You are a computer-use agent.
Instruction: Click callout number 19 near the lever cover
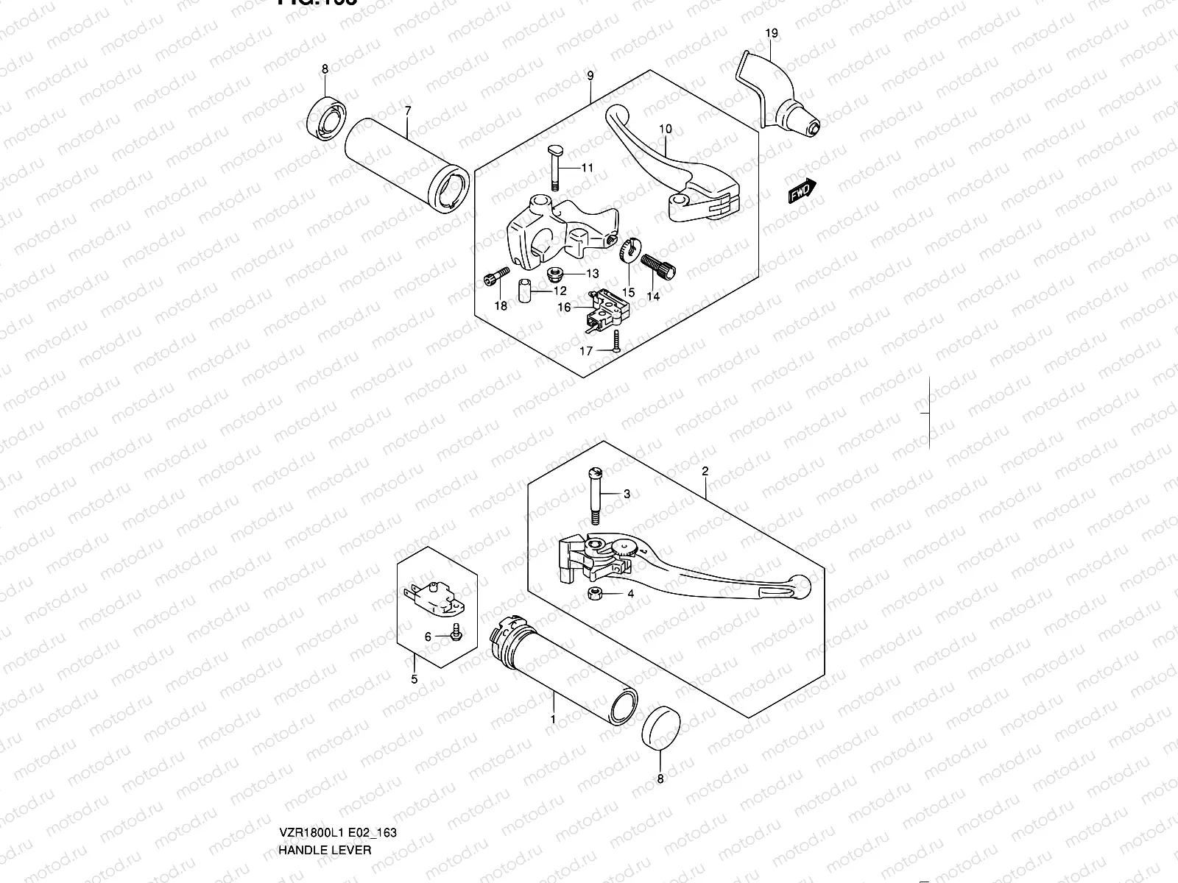coord(771,33)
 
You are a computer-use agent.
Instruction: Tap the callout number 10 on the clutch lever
coord(665,129)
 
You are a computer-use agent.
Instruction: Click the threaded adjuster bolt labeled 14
coord(659,266)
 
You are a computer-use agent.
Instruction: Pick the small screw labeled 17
coord(616,339)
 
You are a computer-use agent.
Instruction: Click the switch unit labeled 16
coord(603,309)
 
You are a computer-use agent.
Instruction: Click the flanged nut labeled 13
coord(556,274)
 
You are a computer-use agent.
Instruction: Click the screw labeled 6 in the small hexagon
coord(454,630)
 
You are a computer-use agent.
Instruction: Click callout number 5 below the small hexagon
coord(414,678)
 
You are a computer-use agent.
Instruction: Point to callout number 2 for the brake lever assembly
coord(705,471)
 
